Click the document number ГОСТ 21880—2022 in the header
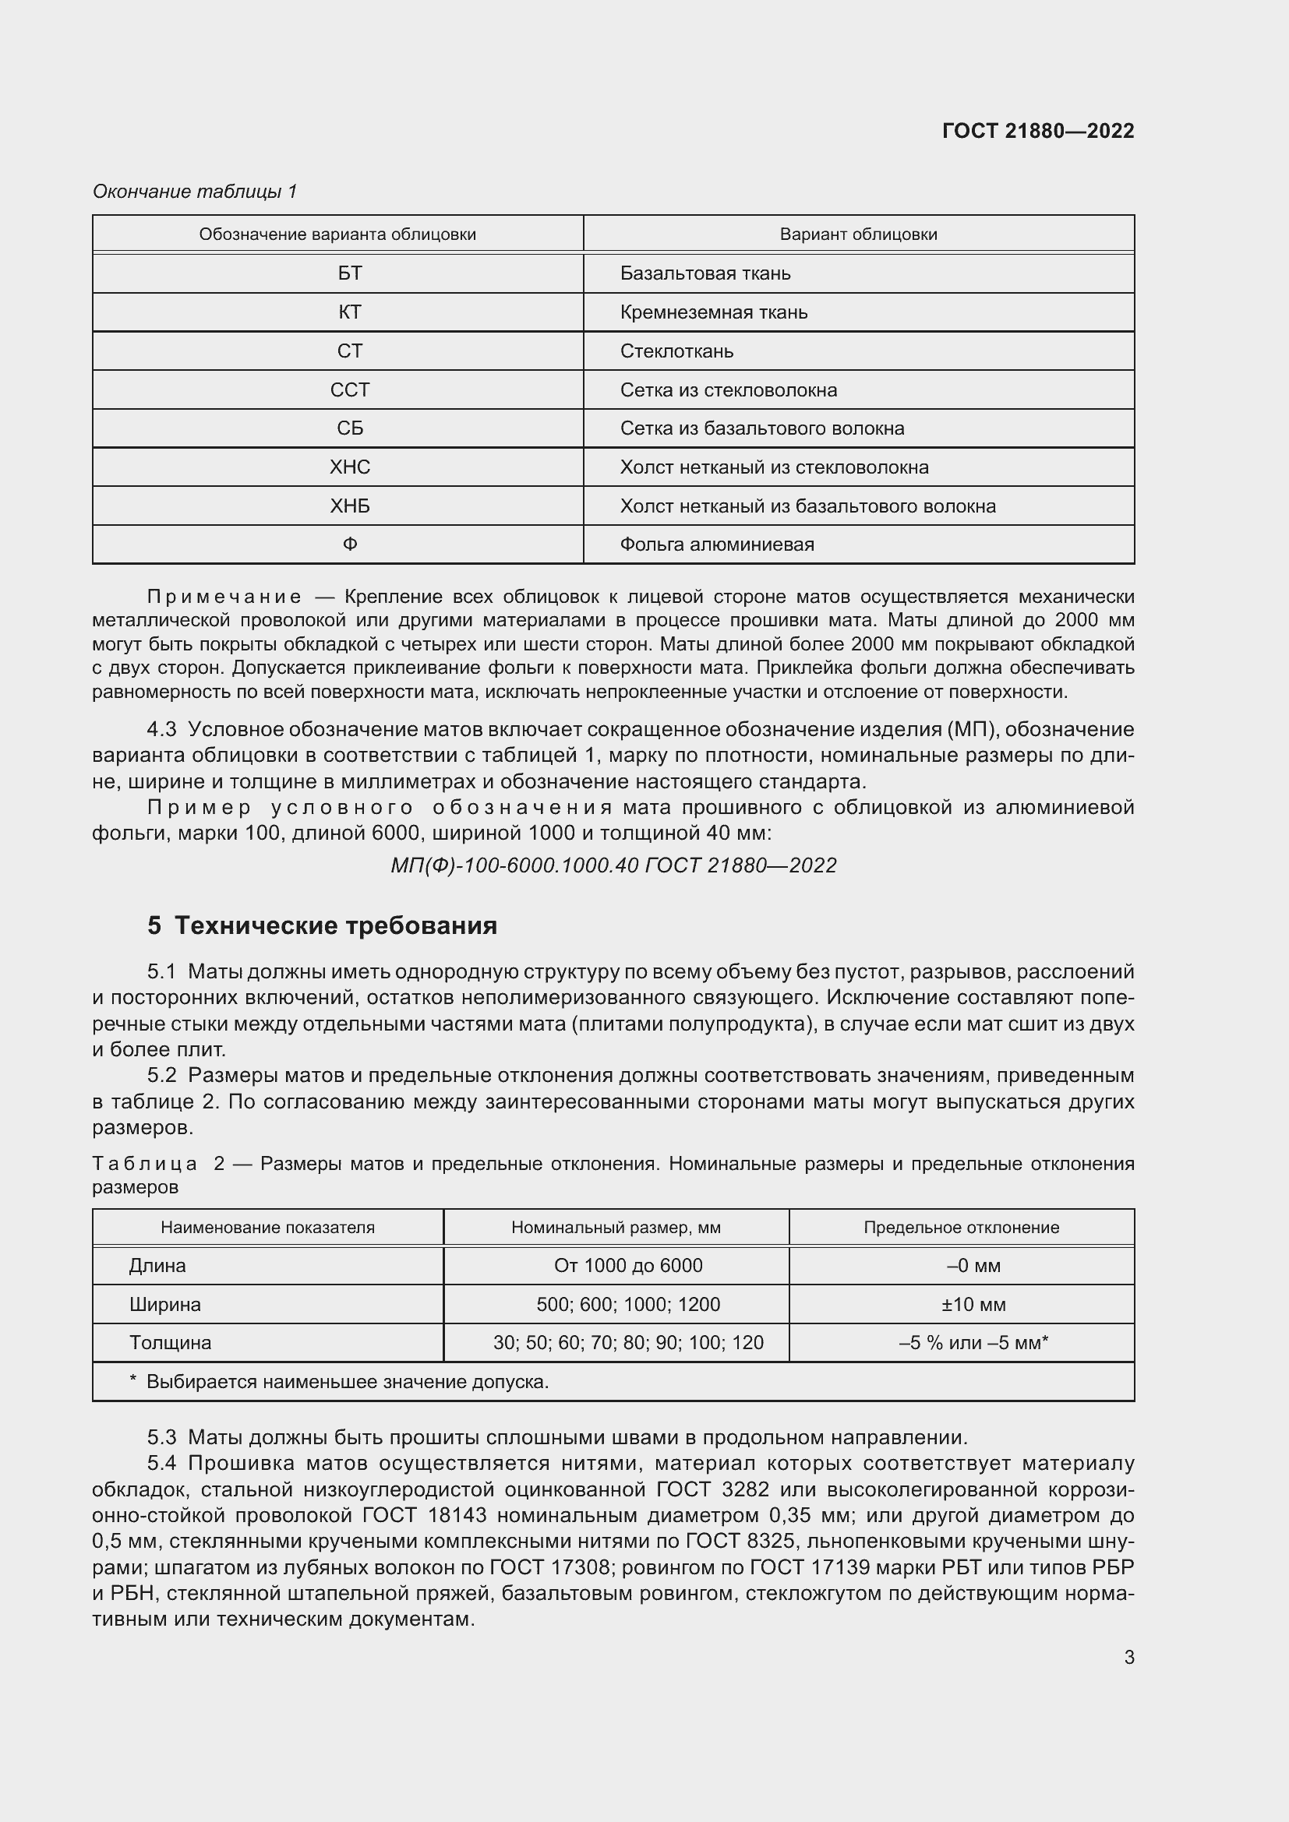coord(1037,131)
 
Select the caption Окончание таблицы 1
coord(195,192)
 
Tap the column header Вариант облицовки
coord(858,234)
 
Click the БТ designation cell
coord(349,273)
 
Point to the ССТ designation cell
coord(349,389)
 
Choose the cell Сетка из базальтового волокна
coord(761,428)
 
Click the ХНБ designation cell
coord(349,506)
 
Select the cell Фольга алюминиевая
coord(717,544)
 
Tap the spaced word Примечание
coord(224,597)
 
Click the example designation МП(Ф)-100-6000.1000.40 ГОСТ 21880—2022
coord(613,865)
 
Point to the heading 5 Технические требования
coord(323,925)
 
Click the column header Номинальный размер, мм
coord(616,1228)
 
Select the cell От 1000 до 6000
coord(628,1266)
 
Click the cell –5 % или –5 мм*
coord(973,1343)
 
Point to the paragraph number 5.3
coord(161,1437)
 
